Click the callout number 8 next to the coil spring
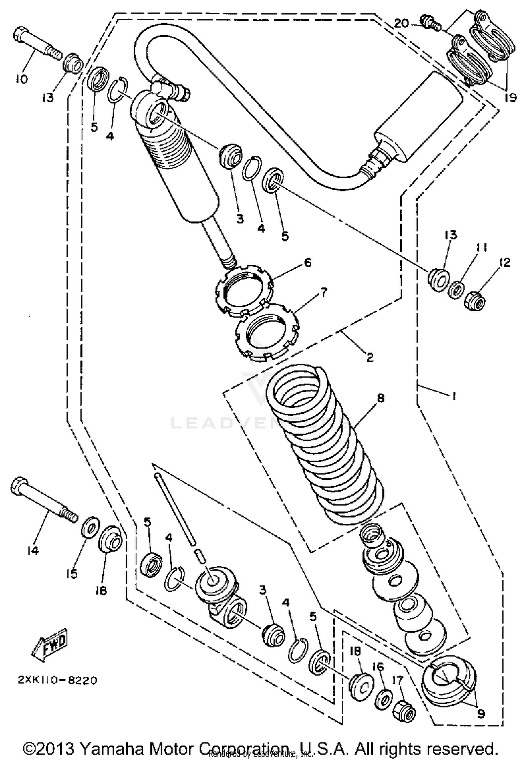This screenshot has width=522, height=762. (380, 398)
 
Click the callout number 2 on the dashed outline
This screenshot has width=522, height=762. (370, 357)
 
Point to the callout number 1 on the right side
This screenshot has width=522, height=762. (453, 395)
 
